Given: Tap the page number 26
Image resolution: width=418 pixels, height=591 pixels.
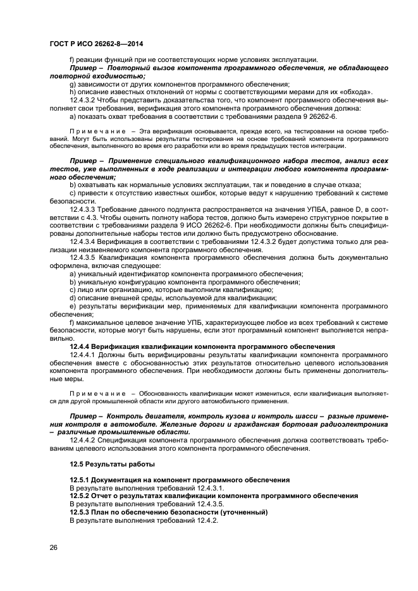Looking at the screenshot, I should pos(54,547).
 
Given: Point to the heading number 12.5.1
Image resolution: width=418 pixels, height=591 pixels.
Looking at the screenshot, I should pos(82,480).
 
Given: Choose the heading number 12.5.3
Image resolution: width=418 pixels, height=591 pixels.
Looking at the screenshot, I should pos(82,512).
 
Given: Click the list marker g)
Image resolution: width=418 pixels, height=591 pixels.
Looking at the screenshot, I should pos(73,84).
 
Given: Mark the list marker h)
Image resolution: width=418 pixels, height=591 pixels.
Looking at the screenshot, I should pos(73,92).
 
